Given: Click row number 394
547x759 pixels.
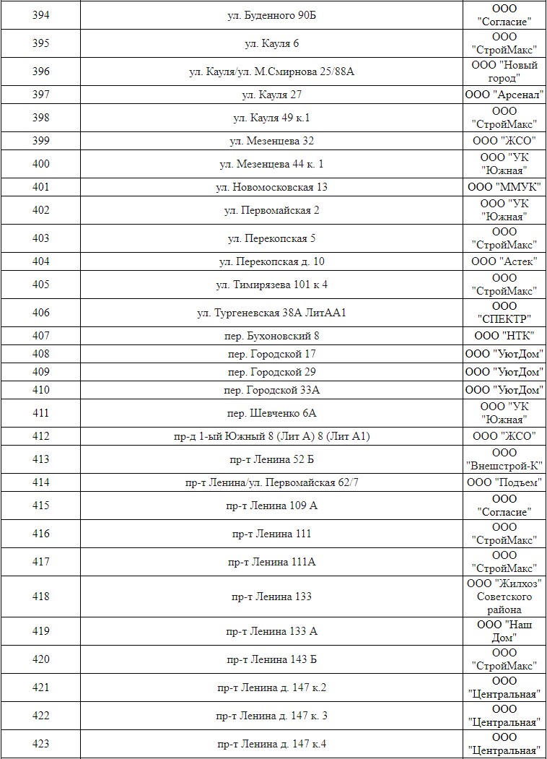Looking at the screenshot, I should coord(41,15).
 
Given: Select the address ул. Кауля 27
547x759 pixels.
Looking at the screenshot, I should coord(271,95).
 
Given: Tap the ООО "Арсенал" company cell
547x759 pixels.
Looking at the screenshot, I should coord(504,95).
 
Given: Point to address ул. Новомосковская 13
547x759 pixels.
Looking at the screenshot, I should coord(271,187).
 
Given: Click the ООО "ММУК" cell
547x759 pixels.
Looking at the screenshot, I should coord(504,187).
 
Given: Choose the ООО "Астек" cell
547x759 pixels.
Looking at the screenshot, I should coord(504,261).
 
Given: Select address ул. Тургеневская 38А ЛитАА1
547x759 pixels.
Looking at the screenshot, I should coord(271,313).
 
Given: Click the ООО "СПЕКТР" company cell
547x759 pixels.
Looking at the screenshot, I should coord(504,313).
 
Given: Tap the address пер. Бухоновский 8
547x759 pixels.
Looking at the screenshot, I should coord(271,336).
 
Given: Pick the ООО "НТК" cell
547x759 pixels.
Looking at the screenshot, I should coord(504,336).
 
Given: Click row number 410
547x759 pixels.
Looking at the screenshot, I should coord(41,390).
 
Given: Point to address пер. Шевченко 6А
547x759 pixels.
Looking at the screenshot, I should coord(271,413).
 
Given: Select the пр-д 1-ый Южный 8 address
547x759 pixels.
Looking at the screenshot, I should coord(271,436).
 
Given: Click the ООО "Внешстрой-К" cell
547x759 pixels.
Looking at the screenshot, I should coord(504,459).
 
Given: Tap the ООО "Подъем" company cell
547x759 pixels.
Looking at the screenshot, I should coord(504,482).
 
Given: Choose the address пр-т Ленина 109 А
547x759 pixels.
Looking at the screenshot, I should coord(271,506).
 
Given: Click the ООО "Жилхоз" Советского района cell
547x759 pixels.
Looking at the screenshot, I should coord(504,597).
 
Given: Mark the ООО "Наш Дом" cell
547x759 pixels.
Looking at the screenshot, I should coord(504,631).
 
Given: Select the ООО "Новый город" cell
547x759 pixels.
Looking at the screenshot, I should coord(504,71).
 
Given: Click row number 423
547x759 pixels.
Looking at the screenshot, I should coord(41,744).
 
